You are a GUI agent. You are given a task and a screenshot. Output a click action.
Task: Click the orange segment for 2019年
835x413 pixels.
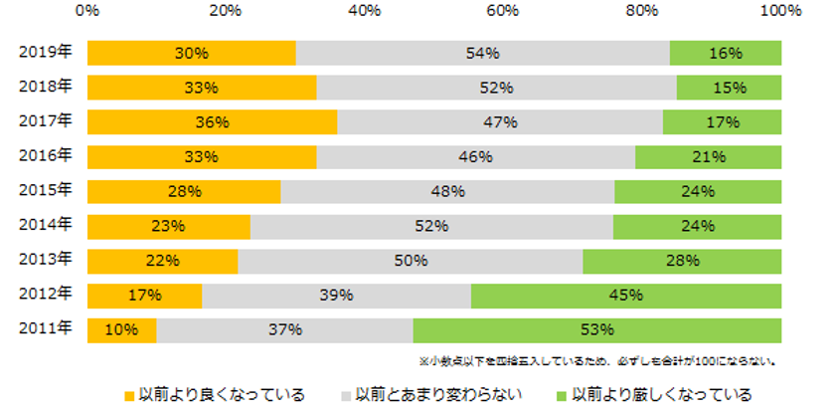click(x=191, y=53)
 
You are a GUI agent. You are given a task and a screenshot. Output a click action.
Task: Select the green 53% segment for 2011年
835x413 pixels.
click(x=596, y=330)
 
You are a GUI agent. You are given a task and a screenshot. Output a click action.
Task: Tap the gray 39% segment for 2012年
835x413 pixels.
click(x=336, y=296)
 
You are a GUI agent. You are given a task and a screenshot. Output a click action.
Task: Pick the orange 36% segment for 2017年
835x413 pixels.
click(x=212, y=122)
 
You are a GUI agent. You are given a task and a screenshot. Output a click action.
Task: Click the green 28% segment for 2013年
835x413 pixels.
click(x=681, y=261)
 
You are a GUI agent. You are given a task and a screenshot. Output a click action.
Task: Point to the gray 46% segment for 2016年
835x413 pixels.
click(x=475, y=157)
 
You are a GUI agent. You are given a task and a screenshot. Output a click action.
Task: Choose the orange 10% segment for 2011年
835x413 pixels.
click(x=121, y=330)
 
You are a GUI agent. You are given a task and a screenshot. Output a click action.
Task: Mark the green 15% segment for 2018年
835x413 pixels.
click(x=729, y=88)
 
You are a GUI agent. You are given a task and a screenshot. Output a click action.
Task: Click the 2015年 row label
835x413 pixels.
click(x=46, y=189)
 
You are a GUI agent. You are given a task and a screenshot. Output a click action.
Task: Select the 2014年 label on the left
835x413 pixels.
click(x=46, y=224)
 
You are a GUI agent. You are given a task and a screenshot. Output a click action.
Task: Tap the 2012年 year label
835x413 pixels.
click(x=46, y=294)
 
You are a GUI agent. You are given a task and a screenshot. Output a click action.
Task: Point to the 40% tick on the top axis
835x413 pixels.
click(x=365, y=11)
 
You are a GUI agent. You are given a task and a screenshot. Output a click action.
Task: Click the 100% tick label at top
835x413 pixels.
click(x=779, y=11)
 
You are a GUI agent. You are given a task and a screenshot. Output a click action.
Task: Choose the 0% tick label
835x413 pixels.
click(x=87, y=11)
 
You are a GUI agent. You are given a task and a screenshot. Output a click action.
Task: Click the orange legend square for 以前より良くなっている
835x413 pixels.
click(x=129, y=394)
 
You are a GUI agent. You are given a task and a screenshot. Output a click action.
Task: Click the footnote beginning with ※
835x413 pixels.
click(x=597, y=361)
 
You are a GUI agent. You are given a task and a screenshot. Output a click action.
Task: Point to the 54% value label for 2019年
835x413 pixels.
click(x=483, y=53)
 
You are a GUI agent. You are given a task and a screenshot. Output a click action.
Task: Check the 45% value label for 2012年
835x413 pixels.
click(x=626, y=296)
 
